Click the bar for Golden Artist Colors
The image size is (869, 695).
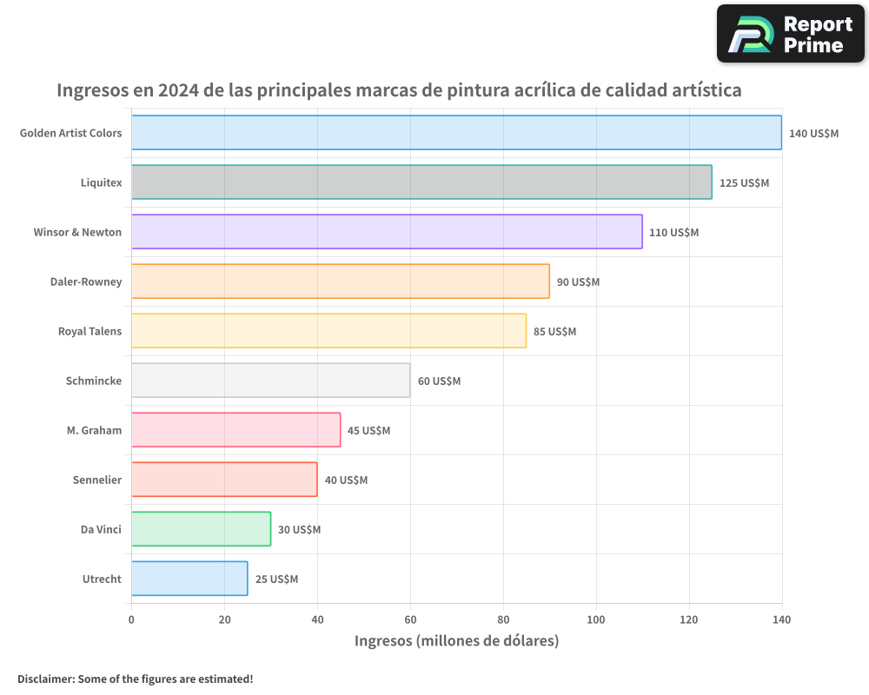point(456,133)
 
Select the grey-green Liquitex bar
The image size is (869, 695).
point(421,182)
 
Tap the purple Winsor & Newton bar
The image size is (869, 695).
point(387,232)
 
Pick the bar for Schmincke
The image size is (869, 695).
point(270,381)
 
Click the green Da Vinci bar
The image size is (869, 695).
point(201,529)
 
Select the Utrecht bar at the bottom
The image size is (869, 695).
point(189,579)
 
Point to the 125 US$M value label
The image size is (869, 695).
point(744,183)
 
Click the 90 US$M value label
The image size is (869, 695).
point(578,282)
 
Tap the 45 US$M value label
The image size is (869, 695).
point(368,431)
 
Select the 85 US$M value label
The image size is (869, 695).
point(554,332)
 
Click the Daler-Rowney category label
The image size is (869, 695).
point(86,281)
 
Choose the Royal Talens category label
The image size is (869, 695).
point(90,331)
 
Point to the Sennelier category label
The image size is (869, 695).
point(97,480)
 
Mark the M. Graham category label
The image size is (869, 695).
point(94,430)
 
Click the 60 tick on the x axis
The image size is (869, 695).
point(410,619)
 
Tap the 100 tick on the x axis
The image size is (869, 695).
point(596,619)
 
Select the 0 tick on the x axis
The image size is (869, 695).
point(131,619)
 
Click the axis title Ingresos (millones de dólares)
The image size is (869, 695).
point(456,641)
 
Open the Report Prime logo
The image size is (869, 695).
point(790,34)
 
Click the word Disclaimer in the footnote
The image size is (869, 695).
point(45,678)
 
